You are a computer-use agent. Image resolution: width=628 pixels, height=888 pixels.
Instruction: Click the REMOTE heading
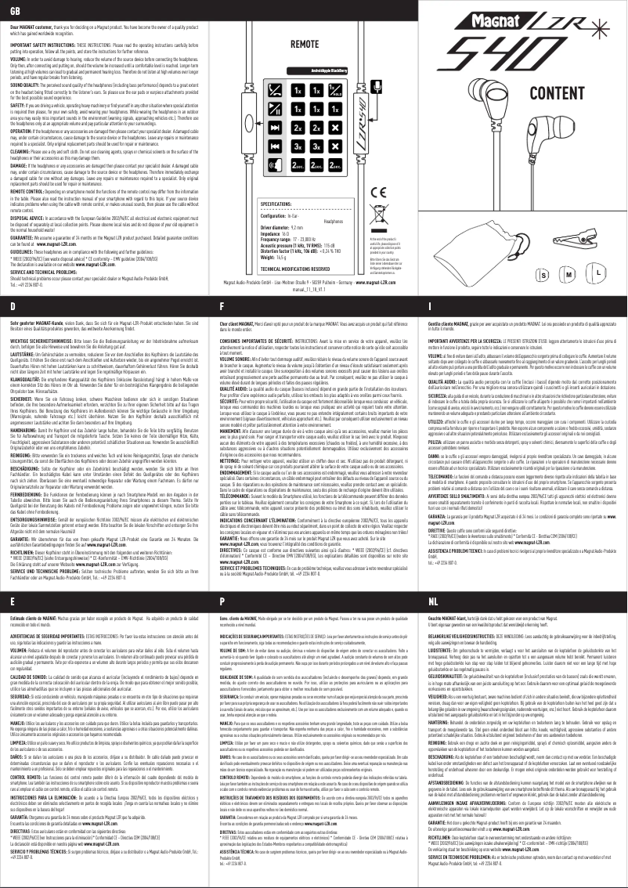(x=301, y=45)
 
